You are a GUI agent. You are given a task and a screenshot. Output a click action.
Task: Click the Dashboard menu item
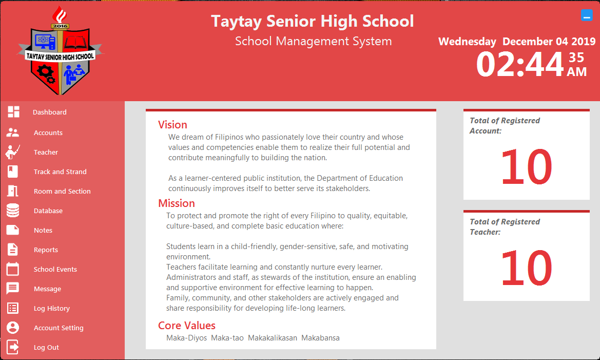[x=50, y=112]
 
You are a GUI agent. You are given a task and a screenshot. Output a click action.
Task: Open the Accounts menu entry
[x=48, y=133]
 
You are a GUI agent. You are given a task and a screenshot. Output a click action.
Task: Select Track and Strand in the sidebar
[x=60, y=172]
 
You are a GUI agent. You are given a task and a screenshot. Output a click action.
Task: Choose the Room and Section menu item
[x=62, y=192]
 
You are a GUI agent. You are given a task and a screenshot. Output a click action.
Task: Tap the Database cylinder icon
[x=13, y=211]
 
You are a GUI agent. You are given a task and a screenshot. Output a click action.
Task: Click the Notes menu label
[x=43, y=231]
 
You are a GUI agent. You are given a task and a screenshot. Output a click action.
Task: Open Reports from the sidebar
[x=46, y=250]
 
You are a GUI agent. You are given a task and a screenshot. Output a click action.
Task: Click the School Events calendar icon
[x=13, y=269]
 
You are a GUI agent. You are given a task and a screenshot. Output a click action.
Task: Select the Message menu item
[x=47, y=289]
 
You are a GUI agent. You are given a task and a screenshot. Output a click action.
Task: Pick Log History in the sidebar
[x=51, y=309]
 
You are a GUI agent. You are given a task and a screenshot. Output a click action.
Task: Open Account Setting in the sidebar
[x=59, y=328]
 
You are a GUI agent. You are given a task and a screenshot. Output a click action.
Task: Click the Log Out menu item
[x=46, y=348]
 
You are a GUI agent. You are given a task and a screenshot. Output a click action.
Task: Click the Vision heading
[x=172, y=125]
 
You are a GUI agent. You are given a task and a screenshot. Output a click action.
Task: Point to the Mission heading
[x=176, y=203]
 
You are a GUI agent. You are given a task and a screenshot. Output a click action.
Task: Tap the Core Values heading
[x=187, y=326]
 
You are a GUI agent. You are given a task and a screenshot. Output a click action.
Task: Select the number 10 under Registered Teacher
[x=526, y=268]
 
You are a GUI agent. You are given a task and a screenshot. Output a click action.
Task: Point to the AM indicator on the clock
[x=576, y=72]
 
